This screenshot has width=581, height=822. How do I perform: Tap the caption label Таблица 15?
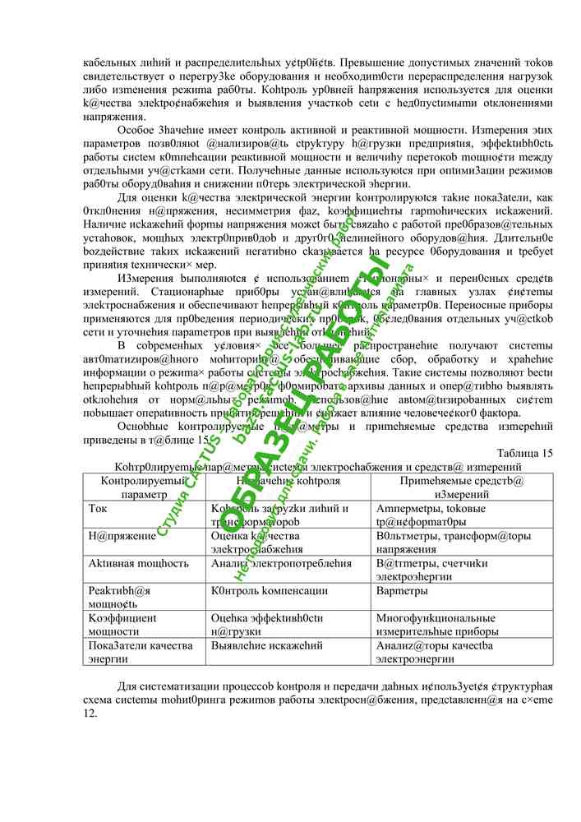pos(525,454)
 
